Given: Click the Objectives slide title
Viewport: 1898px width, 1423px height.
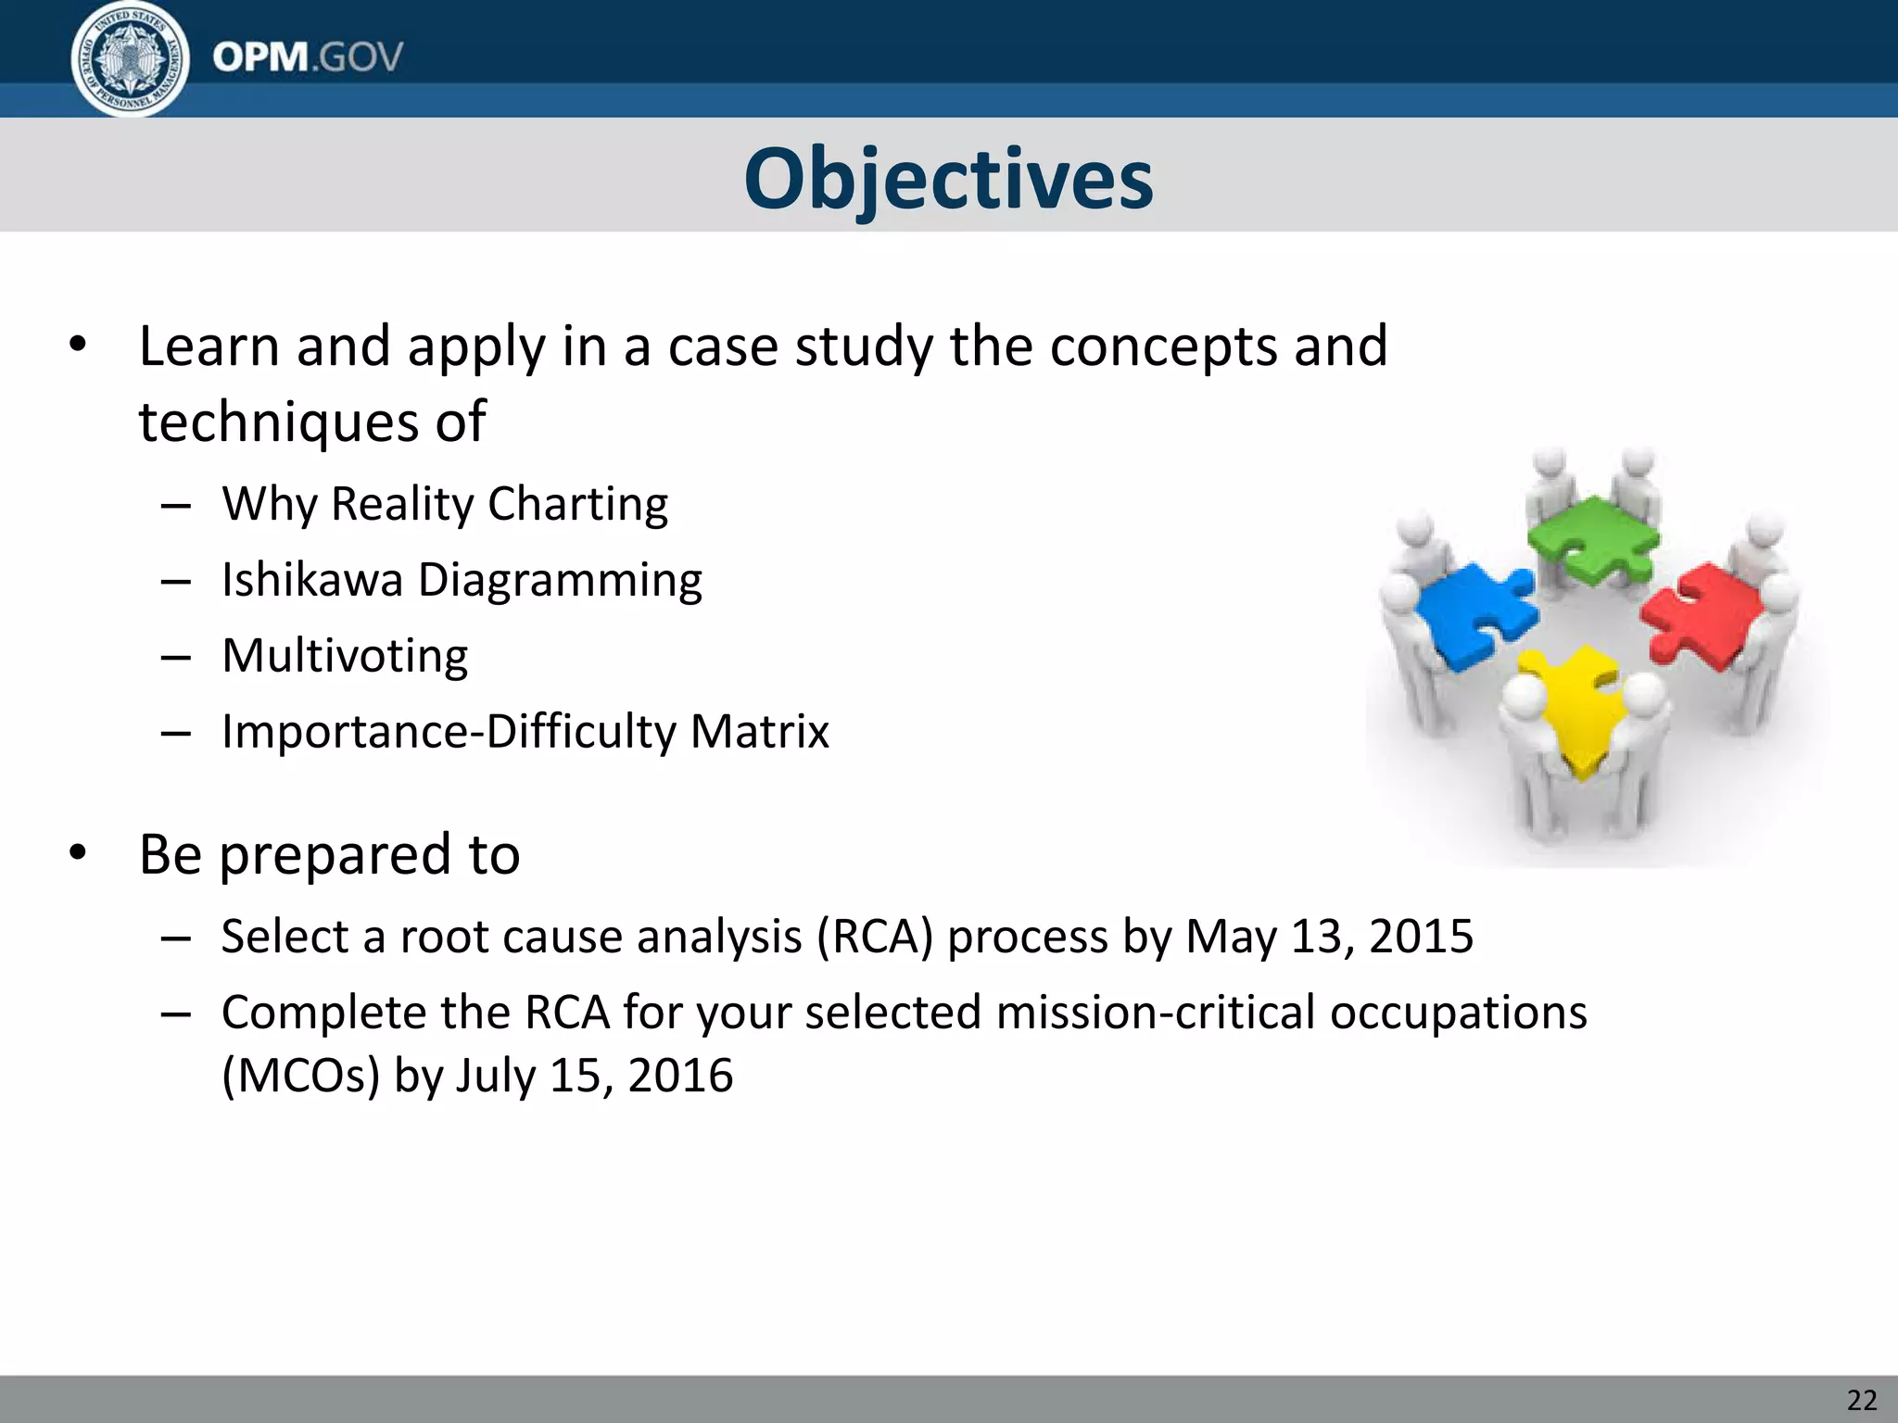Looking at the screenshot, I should (948, 179).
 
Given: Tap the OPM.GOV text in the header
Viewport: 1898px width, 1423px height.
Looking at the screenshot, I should (308, 57).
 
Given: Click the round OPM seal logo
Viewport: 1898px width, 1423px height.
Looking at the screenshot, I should (130, 59).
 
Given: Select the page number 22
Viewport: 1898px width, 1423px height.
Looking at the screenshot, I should (1861, 1400).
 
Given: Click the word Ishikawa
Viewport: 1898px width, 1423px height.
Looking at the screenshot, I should (312, 581).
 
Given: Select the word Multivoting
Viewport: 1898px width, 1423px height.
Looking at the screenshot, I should (345, 656).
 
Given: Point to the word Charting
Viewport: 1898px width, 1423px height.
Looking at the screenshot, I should (577, 505).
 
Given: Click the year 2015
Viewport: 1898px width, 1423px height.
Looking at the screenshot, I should (1421, 937).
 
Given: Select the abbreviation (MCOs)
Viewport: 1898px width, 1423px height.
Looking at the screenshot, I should (300, 1077).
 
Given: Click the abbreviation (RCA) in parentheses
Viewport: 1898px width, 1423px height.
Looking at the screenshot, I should (874, 937).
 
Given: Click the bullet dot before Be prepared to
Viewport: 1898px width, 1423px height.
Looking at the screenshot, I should (78, 853).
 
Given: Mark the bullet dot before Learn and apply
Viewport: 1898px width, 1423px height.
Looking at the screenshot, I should (78, 346).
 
